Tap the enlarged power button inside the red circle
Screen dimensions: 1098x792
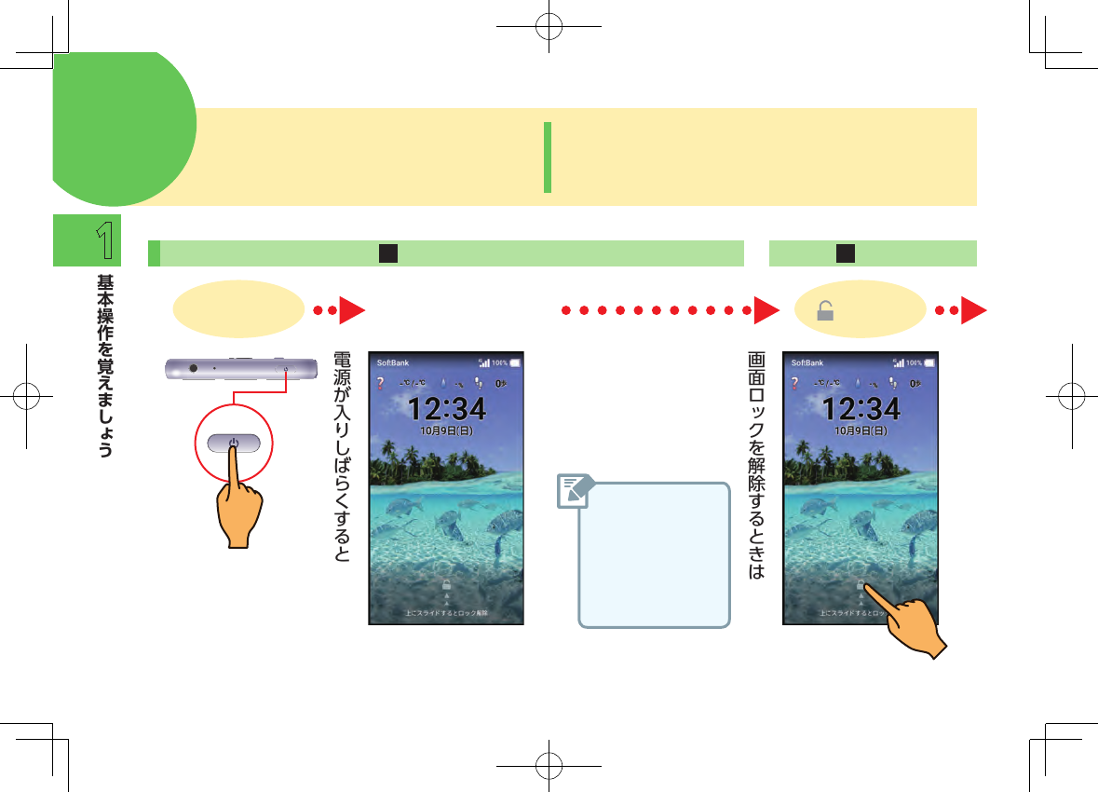pos(234,444)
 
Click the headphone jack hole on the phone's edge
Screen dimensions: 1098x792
pos(193,368)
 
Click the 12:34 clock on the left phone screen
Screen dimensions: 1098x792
pos(446,408)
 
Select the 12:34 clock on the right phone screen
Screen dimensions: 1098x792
pos(861,408)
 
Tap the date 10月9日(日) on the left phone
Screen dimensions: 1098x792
pos(446,431)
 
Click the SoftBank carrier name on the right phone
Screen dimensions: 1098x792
pos(807,362)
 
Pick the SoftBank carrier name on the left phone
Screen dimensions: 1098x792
pos(392,362)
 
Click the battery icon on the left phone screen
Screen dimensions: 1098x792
pos(515,362)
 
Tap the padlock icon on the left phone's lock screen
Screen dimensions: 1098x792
pos(446,585)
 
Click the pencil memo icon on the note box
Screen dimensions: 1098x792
pos(576,491)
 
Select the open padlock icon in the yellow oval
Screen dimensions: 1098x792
pos(824,312)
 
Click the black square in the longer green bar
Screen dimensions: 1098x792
pos(388,253)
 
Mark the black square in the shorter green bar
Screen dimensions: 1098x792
pos(846,253)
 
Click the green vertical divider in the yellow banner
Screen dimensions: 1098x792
pos(548,157)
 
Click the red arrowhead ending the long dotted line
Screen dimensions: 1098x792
pos(766,311)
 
